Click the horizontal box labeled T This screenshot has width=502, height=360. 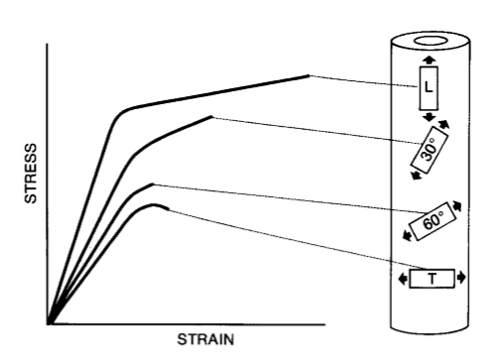(432, 279)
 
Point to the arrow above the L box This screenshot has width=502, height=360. (429, 61)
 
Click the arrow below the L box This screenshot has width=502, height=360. (429, 117)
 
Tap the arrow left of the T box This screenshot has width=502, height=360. (401, 279)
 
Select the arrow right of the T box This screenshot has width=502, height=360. (462, 279)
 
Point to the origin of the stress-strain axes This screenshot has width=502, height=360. (48, 323)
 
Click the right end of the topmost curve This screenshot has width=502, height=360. (309, 75)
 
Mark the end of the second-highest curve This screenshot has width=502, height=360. (212, 116)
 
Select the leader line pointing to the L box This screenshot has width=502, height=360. (362, 80)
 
